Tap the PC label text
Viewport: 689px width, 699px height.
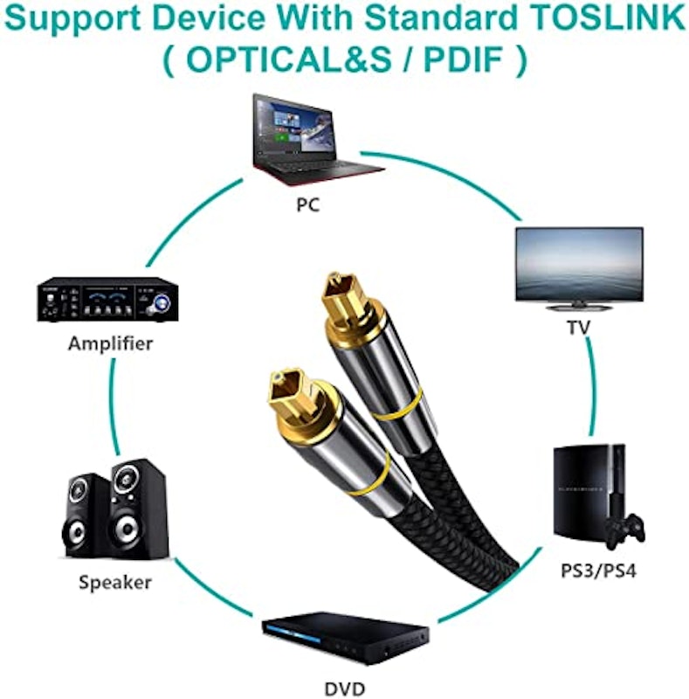[308, 204]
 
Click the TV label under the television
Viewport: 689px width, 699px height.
[578, 328]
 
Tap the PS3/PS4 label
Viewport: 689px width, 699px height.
[598, 571]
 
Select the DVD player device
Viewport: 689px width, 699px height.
[344, 638]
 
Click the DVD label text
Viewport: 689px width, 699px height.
[344, 689]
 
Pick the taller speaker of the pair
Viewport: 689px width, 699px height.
[138, 509]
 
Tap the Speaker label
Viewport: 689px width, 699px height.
[115, 583]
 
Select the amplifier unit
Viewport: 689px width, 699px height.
[107, 299]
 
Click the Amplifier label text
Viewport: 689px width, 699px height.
[111, 343]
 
